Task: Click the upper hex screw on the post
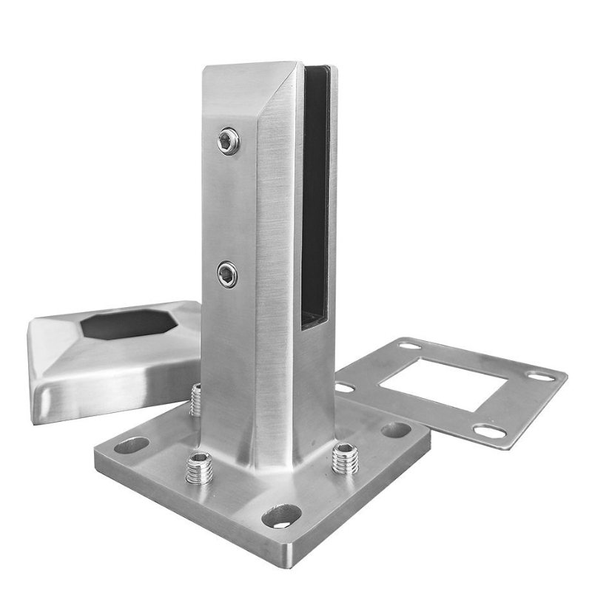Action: click(229, 141)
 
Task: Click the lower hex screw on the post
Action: click(227, 275)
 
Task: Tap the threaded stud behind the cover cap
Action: click(196, 400)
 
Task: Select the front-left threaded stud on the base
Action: click(198, 468)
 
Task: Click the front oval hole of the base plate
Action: click(281, 516)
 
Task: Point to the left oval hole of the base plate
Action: click(132, 445)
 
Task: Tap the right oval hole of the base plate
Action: click(396, 430)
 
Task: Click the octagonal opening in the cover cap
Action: click(126, 323)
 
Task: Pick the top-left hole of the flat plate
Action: click(409, 346)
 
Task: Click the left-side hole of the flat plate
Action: click(345, 387)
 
